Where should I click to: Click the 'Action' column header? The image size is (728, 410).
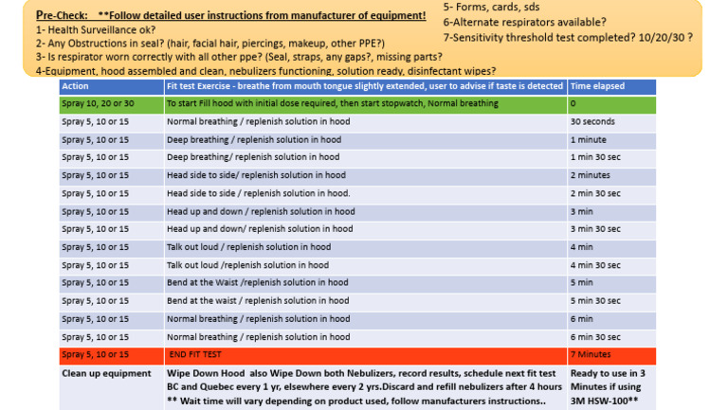point(75,86)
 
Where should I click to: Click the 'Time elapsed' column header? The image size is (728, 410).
point(597,86)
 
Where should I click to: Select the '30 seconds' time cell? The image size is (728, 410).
point(592,121)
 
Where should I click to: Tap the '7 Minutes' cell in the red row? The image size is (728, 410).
point(590,354)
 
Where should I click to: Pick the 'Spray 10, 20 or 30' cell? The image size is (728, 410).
point(98,103)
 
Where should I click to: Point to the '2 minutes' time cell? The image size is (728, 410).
point(591,175)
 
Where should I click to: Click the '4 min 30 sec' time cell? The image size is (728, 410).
point(596,265)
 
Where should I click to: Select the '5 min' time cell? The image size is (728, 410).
point(582,282)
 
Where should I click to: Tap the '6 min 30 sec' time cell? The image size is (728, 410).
point(596,336)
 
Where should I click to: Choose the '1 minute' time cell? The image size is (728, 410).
point(588,139)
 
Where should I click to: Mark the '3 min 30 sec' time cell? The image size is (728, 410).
point(596,229)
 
